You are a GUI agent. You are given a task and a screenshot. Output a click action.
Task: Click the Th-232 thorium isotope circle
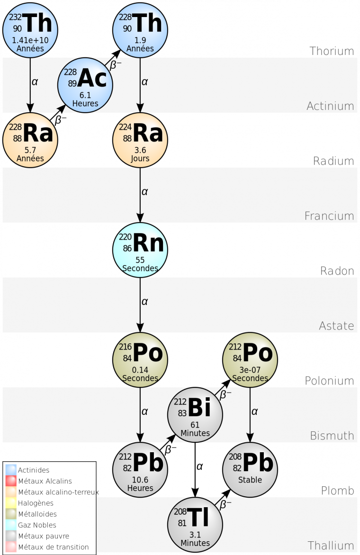pyautogui.click(x=30, y=29)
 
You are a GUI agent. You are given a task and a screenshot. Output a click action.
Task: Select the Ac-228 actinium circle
pyautogui.click(x=85, y=85)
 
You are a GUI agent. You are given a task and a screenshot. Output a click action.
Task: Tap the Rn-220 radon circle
pyautogui.click(x=140, y=250)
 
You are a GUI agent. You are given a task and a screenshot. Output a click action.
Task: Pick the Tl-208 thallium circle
pyautogui.click(x=195, y=524)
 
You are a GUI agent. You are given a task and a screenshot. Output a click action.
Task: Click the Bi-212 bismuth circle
pyautogui.click(x=195, y=414)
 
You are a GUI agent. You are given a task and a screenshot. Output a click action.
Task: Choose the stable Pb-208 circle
pyautogui.click(x=250, y=469)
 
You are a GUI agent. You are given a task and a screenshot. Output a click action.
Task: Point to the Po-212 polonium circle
pyautogui.click(x=250, y=359)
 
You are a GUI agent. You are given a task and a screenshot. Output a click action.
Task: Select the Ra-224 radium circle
pyautogui.click(x=140, y=140)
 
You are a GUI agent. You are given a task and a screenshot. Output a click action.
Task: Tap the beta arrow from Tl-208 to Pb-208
pyautogui.click(x=223, y=497)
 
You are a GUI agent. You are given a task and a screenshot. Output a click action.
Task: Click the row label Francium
pyautogui.click(x=329, y=216)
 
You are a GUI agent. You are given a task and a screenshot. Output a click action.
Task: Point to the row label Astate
pyautogui.click(x=336, y=326)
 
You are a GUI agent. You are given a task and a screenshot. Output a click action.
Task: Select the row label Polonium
pyautogui.click(x=329, y=381)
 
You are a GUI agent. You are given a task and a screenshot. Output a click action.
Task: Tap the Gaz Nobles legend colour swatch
pyautogui.click(x=11, y=525)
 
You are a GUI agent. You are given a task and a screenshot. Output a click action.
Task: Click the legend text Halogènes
pyautogui.click(x=36, y=503)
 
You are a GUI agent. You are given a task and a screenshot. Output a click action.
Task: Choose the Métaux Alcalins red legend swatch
pyautogui.click(x=11, y=481)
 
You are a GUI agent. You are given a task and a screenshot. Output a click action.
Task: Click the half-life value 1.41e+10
pyautogui.click(x=30, y=41)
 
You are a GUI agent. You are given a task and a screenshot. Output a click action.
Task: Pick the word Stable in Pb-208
pyautogui.click(x=250, y=480)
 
